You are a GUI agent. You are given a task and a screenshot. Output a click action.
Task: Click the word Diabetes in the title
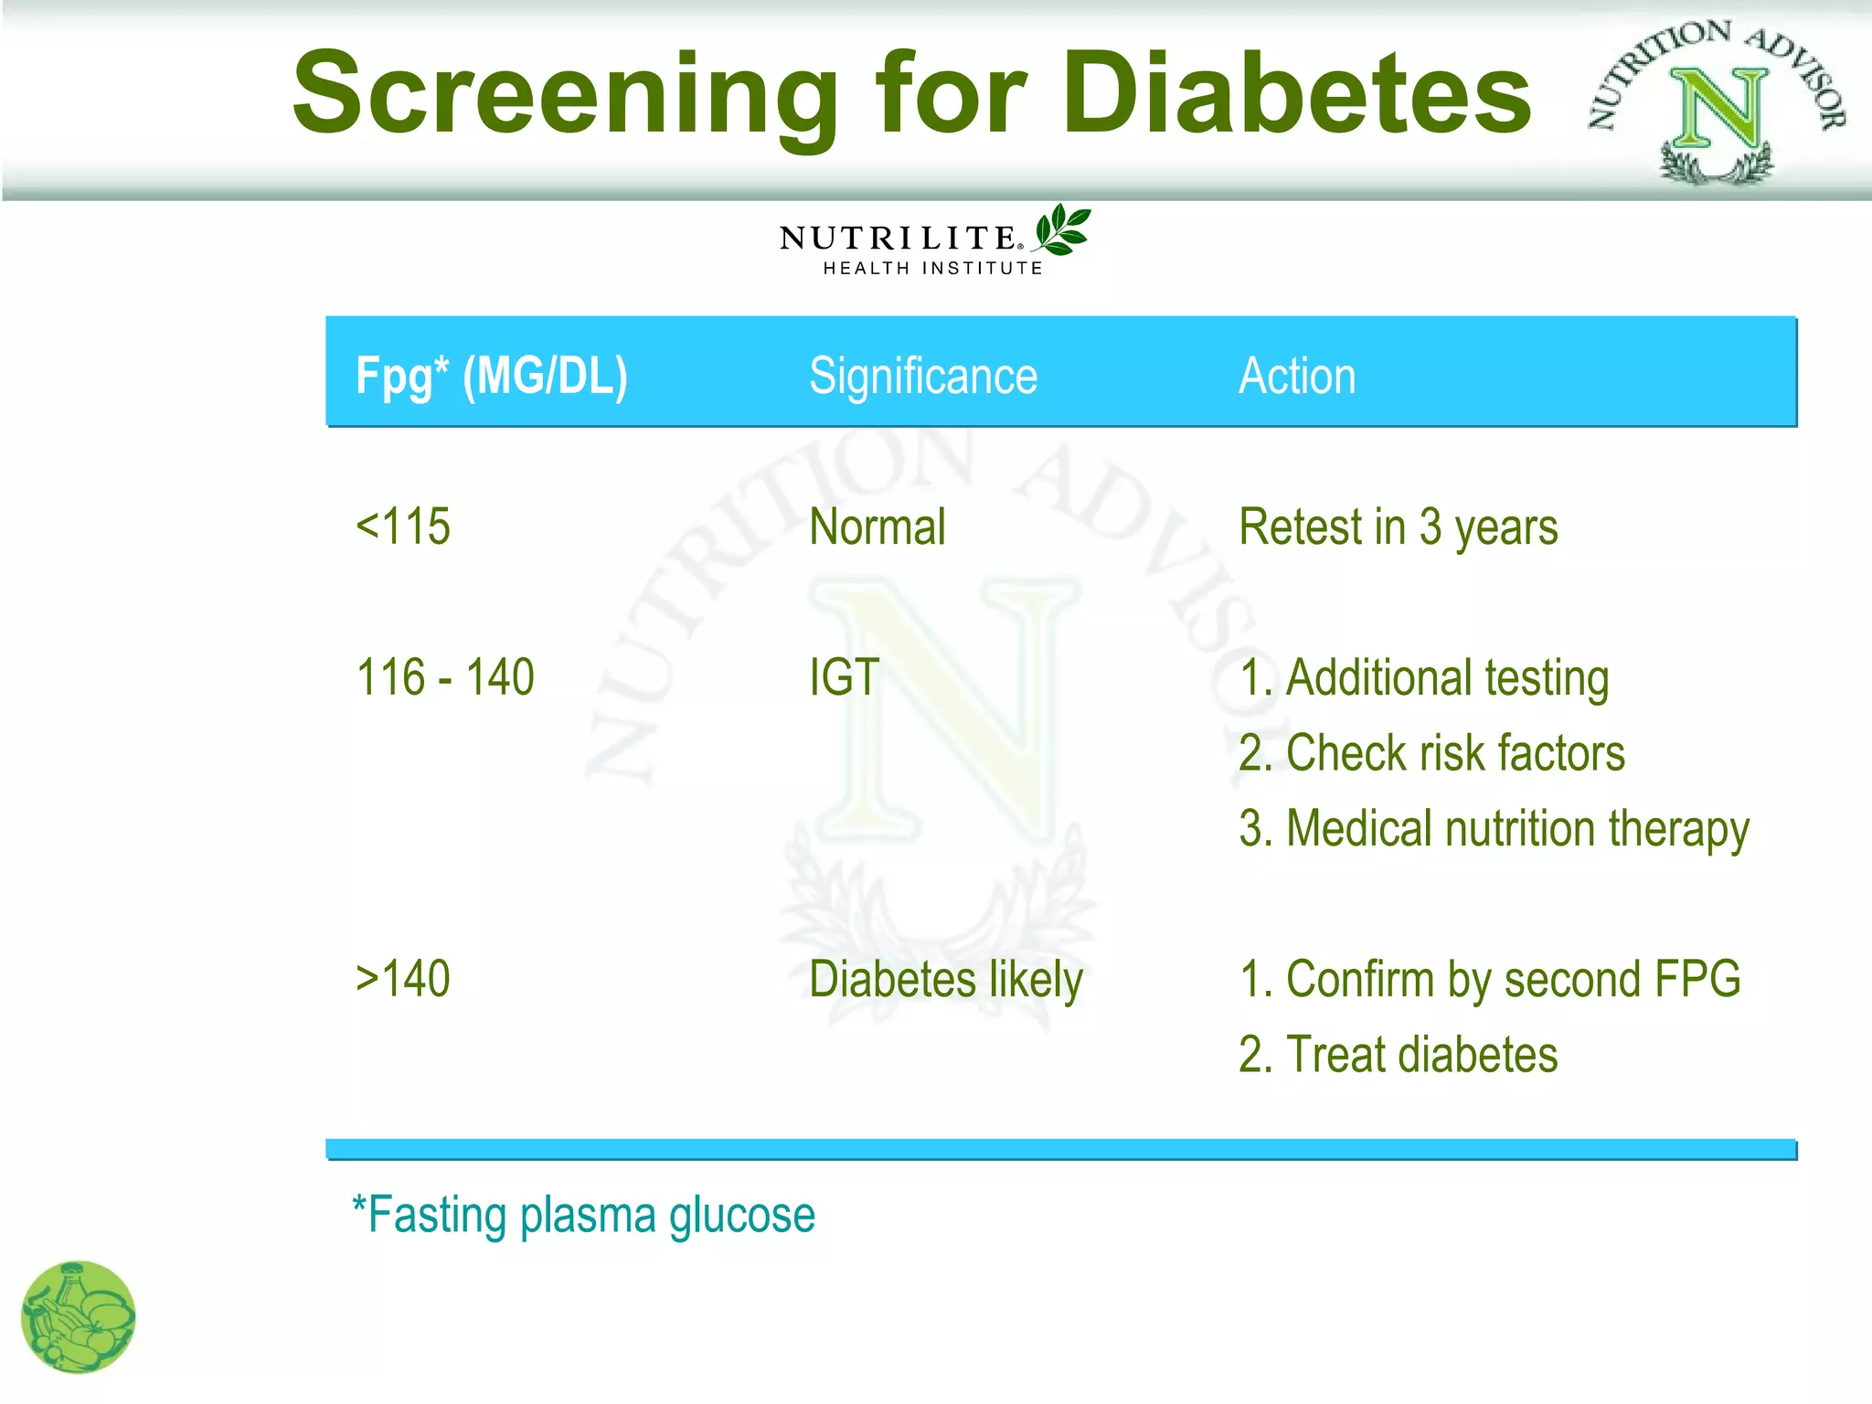pos(1296,93)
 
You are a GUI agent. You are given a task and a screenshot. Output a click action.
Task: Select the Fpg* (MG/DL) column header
pos(492,376)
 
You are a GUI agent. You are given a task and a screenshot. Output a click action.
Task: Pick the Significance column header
pos(923,376)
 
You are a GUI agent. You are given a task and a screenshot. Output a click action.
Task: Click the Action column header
pos(1297,376)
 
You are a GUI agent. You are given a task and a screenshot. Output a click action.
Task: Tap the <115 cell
pos(403,526)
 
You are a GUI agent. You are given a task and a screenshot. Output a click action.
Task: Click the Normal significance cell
pos(877,527)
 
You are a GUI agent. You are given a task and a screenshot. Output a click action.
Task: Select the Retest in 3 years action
pos(1398,527)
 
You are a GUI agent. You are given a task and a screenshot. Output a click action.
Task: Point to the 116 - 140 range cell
pos(445,677)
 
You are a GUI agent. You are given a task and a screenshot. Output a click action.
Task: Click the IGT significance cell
pos(844,677)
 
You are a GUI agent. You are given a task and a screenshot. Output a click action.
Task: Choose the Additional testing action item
pos(1424,678)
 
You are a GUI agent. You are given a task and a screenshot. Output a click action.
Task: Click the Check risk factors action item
pos(1432,753)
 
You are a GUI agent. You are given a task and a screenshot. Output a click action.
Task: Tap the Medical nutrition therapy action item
pos(1494,829)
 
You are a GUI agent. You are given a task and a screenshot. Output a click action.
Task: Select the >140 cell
pos(403,979)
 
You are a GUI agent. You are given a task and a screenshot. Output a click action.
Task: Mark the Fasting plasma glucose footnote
pos(584,1216)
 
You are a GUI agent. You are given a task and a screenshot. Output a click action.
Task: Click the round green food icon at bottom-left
pos(79,1317)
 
